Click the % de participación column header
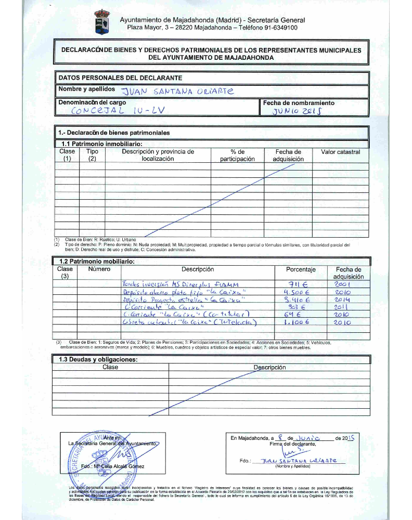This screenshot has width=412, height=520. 237,155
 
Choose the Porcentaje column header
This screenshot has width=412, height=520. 301,269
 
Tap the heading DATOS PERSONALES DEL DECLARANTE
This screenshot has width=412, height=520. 120,77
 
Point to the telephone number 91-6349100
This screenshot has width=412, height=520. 279,28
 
